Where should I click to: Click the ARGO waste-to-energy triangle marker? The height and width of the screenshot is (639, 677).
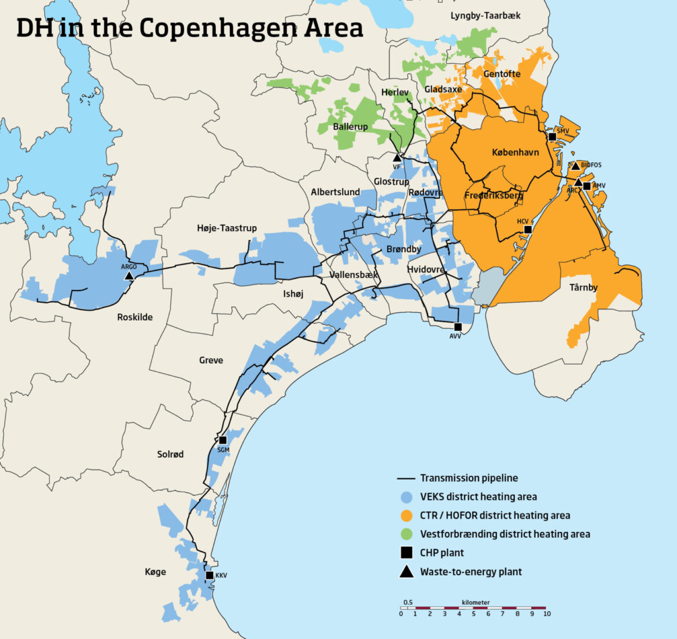[x=129, y=276]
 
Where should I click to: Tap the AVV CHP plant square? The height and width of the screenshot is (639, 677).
[x=458, y=327]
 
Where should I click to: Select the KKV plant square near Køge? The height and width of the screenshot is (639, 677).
[x=210, y=575]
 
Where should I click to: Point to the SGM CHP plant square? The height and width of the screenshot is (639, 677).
[x=223, y=440]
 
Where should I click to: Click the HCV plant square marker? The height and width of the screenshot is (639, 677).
[x=528, y=230]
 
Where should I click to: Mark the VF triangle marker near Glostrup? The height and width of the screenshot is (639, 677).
[x=397, y=157]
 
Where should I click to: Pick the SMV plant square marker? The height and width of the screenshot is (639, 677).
[x=552, y=137]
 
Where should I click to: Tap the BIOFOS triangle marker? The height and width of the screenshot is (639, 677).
[x=575, y=166]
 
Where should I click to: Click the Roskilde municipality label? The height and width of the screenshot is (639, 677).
[x=135, y=317]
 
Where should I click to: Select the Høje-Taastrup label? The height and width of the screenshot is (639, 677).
[x=227, y=228]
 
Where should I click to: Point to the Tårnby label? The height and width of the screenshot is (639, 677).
[x=583, y=287]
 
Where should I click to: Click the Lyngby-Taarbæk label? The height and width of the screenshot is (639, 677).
[x=485, y=16]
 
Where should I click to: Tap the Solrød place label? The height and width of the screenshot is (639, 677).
[x=170, y=454]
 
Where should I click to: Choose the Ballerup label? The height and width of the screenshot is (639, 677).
[x=350, y=126]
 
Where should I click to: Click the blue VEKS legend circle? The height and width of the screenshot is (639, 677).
[x=407, y=497]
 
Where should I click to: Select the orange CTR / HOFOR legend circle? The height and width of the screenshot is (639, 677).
[x=407, y=515]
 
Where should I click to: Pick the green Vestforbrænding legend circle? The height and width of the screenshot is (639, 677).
[x=407, y=534]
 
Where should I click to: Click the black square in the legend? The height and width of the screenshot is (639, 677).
[x=407, y=553]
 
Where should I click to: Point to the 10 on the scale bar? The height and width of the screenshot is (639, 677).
[x=547, y=614]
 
